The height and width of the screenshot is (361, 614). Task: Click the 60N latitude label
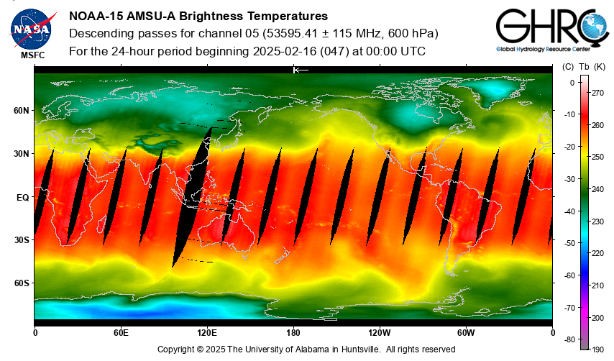[21, 111]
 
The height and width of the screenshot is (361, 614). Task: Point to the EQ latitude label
[22, 197]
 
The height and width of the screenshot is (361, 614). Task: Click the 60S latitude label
[21, 283]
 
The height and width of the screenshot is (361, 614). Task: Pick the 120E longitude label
[207, 332]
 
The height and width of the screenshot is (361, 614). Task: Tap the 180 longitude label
[293, 332]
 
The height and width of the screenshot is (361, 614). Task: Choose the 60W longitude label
[466, 332]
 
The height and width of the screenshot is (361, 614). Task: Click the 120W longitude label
[380, 332]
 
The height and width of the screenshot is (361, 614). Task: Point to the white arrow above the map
[301, 70]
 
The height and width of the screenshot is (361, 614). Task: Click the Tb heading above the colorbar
[584, 66]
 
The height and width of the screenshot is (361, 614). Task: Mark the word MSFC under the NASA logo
[30, 55]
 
